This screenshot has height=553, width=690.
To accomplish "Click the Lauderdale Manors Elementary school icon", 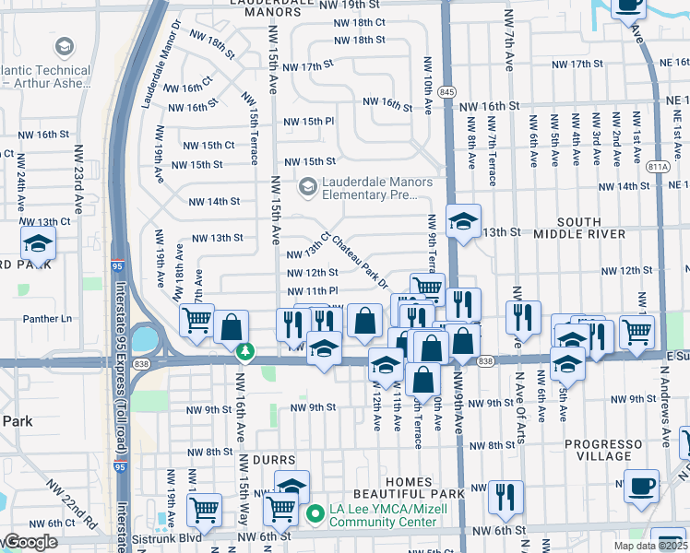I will point(307,187).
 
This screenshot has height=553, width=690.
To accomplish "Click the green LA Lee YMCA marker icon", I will point(315,513).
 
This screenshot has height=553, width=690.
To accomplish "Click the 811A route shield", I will point(658,167).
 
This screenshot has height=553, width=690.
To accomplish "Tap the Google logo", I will point(30,542).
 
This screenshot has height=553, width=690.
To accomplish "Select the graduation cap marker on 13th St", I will point(464,221).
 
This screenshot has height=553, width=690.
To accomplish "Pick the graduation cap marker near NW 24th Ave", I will point(38,243).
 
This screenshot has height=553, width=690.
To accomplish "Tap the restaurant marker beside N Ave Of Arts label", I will point(523,317).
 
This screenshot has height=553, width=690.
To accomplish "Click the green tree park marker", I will point(245,351).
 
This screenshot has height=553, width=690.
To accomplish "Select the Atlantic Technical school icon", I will point(64,47).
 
